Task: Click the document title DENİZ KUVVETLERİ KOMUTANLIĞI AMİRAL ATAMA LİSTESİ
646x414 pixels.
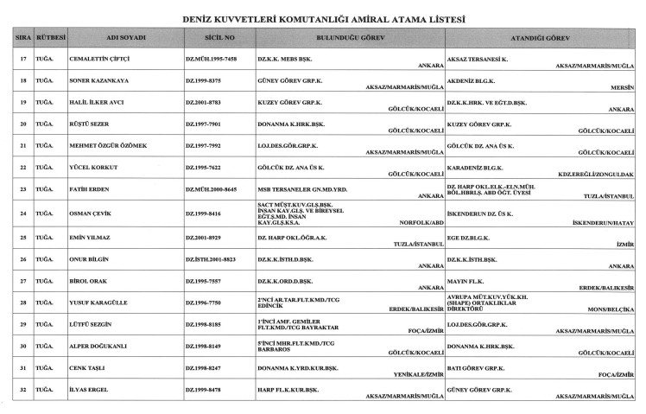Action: coord(323,17)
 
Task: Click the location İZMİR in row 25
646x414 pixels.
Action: coord(622,244)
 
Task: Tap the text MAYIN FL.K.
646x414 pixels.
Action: coord(468,280)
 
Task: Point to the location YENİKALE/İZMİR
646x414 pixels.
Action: coord(411,373)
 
